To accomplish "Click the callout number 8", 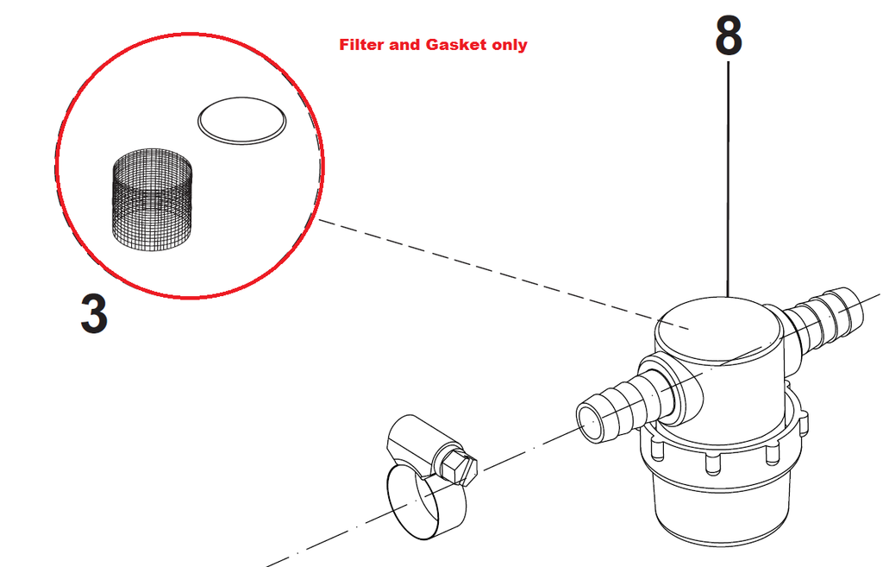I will click(x=729, y=36).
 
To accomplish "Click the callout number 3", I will click(x=94, y=314).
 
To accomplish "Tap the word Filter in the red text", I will click(x=361, y=45).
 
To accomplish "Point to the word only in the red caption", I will click(x=509, y=45).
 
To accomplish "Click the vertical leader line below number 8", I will click(x=730, y=173).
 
